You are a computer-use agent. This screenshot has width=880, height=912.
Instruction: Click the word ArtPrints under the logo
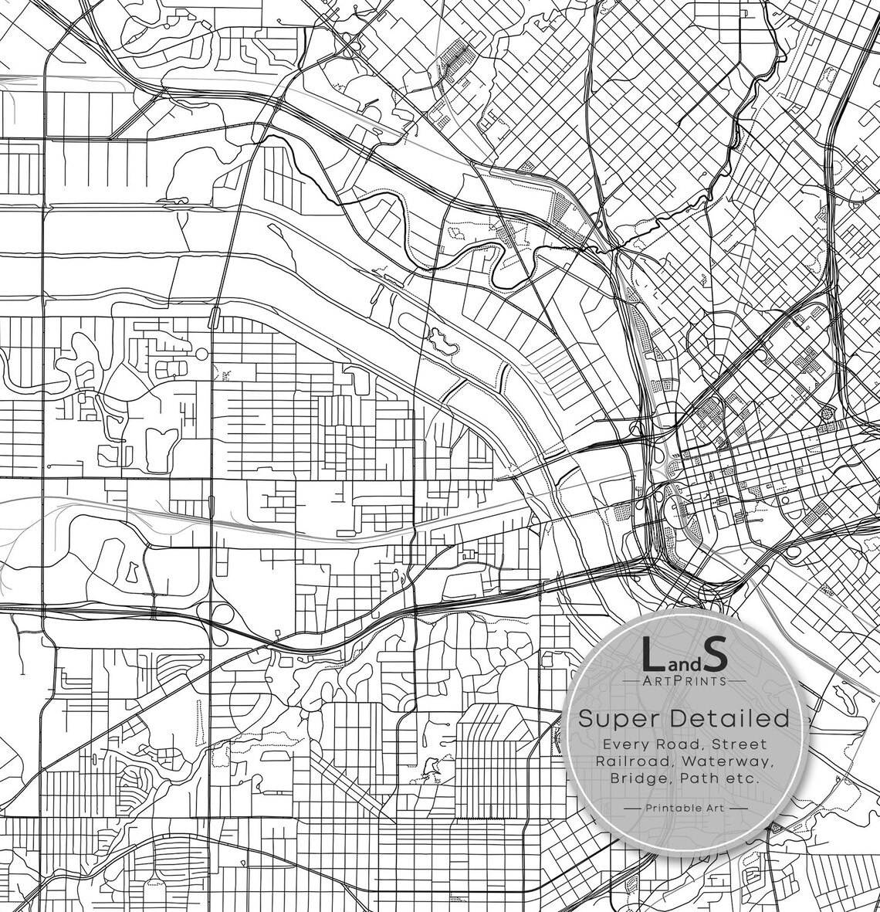coord(685,681)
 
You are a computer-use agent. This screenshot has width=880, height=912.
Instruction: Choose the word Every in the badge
coord(626,744)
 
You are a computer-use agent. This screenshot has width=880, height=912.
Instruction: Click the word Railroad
coord(628,761)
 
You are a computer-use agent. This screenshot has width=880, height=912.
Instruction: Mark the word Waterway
coord(733,761)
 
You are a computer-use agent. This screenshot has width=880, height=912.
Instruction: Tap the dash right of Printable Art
coord(739,809)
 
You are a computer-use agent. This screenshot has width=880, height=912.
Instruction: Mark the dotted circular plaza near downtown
coord(825,413)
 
